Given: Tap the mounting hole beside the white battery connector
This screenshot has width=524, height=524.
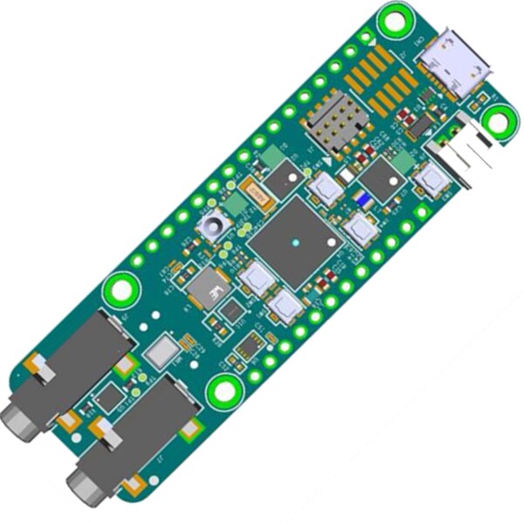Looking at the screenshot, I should pyautogui.click(x=499, y=122).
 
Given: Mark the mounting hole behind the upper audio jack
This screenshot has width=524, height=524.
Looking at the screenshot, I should pyautogui.click(x=121, y=290).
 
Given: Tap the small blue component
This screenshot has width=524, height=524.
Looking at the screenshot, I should pyautogui.click(x=362, y=200).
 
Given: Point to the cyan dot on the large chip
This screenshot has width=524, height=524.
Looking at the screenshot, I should pyautogui.click(x=296, y=241).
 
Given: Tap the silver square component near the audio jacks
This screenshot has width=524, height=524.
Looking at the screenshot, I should pyautogui.click(x=162, y=353).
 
